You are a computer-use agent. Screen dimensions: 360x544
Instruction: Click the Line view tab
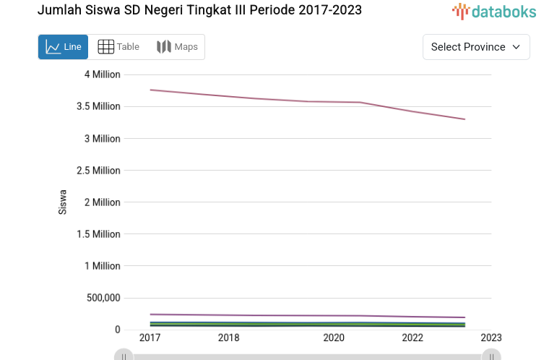[63, 47]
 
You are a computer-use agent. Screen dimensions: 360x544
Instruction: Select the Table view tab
[118, 47]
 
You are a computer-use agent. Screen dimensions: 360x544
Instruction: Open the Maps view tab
[177, 47]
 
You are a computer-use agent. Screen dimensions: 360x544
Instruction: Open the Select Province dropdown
[476, 47]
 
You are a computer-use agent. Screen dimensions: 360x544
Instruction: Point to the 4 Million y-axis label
[102, 74]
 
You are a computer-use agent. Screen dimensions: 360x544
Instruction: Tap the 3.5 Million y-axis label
[98, 106]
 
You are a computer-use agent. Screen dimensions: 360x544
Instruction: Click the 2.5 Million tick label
[98, 171]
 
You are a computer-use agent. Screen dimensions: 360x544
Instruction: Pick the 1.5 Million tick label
[98, 234]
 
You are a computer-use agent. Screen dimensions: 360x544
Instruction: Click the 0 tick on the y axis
[117, 330]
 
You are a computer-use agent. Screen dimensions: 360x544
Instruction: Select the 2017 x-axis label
[150, 338]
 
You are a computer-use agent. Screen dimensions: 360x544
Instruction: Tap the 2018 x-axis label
[229, 338]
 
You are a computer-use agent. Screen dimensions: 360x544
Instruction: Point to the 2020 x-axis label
[334, 338]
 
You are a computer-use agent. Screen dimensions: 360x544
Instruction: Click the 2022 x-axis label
[413, 338]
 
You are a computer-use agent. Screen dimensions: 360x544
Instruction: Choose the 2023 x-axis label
[491, 338]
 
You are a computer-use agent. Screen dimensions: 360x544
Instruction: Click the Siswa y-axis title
[63, 202]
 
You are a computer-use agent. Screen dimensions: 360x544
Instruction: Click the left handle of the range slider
[124, 355]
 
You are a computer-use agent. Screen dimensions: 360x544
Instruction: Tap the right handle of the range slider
[491, 355]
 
